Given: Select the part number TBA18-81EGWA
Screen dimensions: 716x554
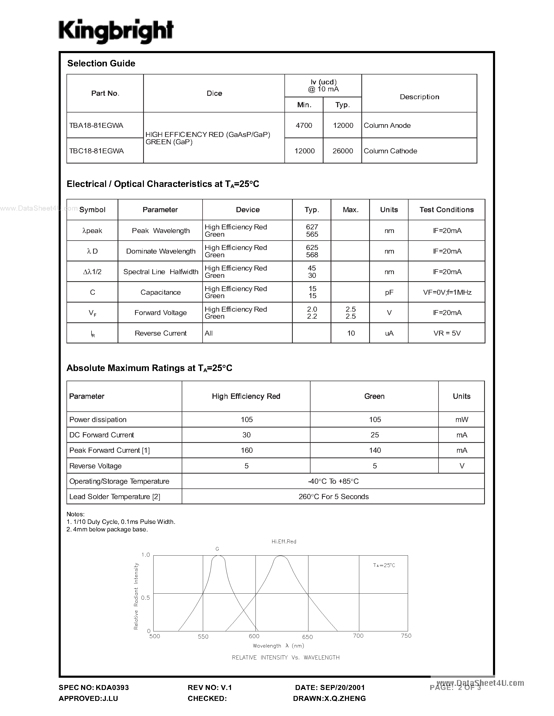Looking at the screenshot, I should pyautogui.click(x=96, y=125).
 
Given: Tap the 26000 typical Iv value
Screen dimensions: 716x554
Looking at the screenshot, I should pyautogui.click(x=343, y=151).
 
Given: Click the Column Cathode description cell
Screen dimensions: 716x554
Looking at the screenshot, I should pyautogui.click(x=390, y=151).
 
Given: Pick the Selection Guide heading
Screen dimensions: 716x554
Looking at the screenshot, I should pyautogui.click(x=101, y=63).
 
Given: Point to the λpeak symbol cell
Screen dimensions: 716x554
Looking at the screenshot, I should pyautogui.click(x=92, y=231).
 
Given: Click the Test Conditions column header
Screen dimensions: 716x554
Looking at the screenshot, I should pyautogui.click(x=446, y=210).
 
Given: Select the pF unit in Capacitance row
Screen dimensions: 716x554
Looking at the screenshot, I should pyautogui.click(x=389, y=292).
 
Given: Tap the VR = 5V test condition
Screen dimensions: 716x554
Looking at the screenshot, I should pyautogui.click(x=447, y=334).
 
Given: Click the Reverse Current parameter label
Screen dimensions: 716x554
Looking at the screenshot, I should pyautogui.click(x=161, y=334).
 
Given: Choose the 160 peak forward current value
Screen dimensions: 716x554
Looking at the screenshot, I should pyautogui.click(x=246, y=450).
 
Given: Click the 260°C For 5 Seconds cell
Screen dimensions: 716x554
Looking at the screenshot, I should pyautogui.click(x=333, y=497).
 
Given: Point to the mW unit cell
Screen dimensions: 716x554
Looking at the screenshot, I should pyautogui.click(x=461, y=420).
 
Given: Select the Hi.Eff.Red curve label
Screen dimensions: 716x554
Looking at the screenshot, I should pyautogui.click(x=284, y=542).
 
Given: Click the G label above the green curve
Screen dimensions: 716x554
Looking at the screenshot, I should pyautogui.click(x=217, y=549).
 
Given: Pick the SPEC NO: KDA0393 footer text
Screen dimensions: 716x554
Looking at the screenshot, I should pyautogui.click(x=94, y=687).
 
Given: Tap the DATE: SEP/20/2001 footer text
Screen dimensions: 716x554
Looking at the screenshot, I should pyautogui.click(x=330, y=687).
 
